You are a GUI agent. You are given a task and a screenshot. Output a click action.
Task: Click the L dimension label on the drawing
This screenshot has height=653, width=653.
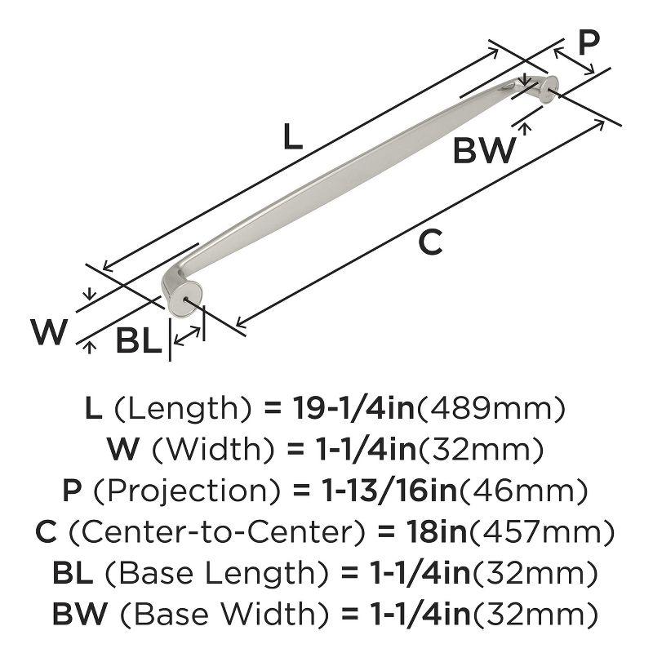[x=292, y=136]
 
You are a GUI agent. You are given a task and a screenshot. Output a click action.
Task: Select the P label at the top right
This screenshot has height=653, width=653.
[x=589, y=42]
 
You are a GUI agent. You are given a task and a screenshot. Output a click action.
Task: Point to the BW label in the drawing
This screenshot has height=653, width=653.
[x=484, y=150]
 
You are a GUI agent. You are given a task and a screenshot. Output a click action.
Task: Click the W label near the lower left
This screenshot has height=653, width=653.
[x=49, y=332]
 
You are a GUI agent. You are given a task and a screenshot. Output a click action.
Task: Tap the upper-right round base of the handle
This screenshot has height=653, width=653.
[x=549, y=89]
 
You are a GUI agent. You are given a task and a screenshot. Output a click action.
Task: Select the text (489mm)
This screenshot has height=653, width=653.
[x=491, y=408]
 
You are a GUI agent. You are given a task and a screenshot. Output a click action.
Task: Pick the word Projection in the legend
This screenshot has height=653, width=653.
[x=187, y=491]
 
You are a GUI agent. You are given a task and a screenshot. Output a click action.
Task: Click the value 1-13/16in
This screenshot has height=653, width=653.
[x=389, y=491]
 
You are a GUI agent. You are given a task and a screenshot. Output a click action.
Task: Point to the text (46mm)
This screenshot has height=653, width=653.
[x=523, y=491]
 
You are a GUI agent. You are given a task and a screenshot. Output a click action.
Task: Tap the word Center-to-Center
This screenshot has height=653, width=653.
[x=216, y=532]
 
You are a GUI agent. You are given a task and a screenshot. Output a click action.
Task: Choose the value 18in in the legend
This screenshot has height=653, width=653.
[x=438, y=531]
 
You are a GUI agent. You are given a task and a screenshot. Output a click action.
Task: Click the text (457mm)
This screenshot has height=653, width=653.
[x=542, y=532]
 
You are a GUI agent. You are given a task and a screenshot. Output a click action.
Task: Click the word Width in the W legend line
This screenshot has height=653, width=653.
[x=214, y=449]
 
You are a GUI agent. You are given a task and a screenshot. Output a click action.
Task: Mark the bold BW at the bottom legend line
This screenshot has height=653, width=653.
[x=80, y=614]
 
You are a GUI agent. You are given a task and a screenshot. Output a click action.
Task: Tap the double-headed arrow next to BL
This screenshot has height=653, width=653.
[x=187, y=335]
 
